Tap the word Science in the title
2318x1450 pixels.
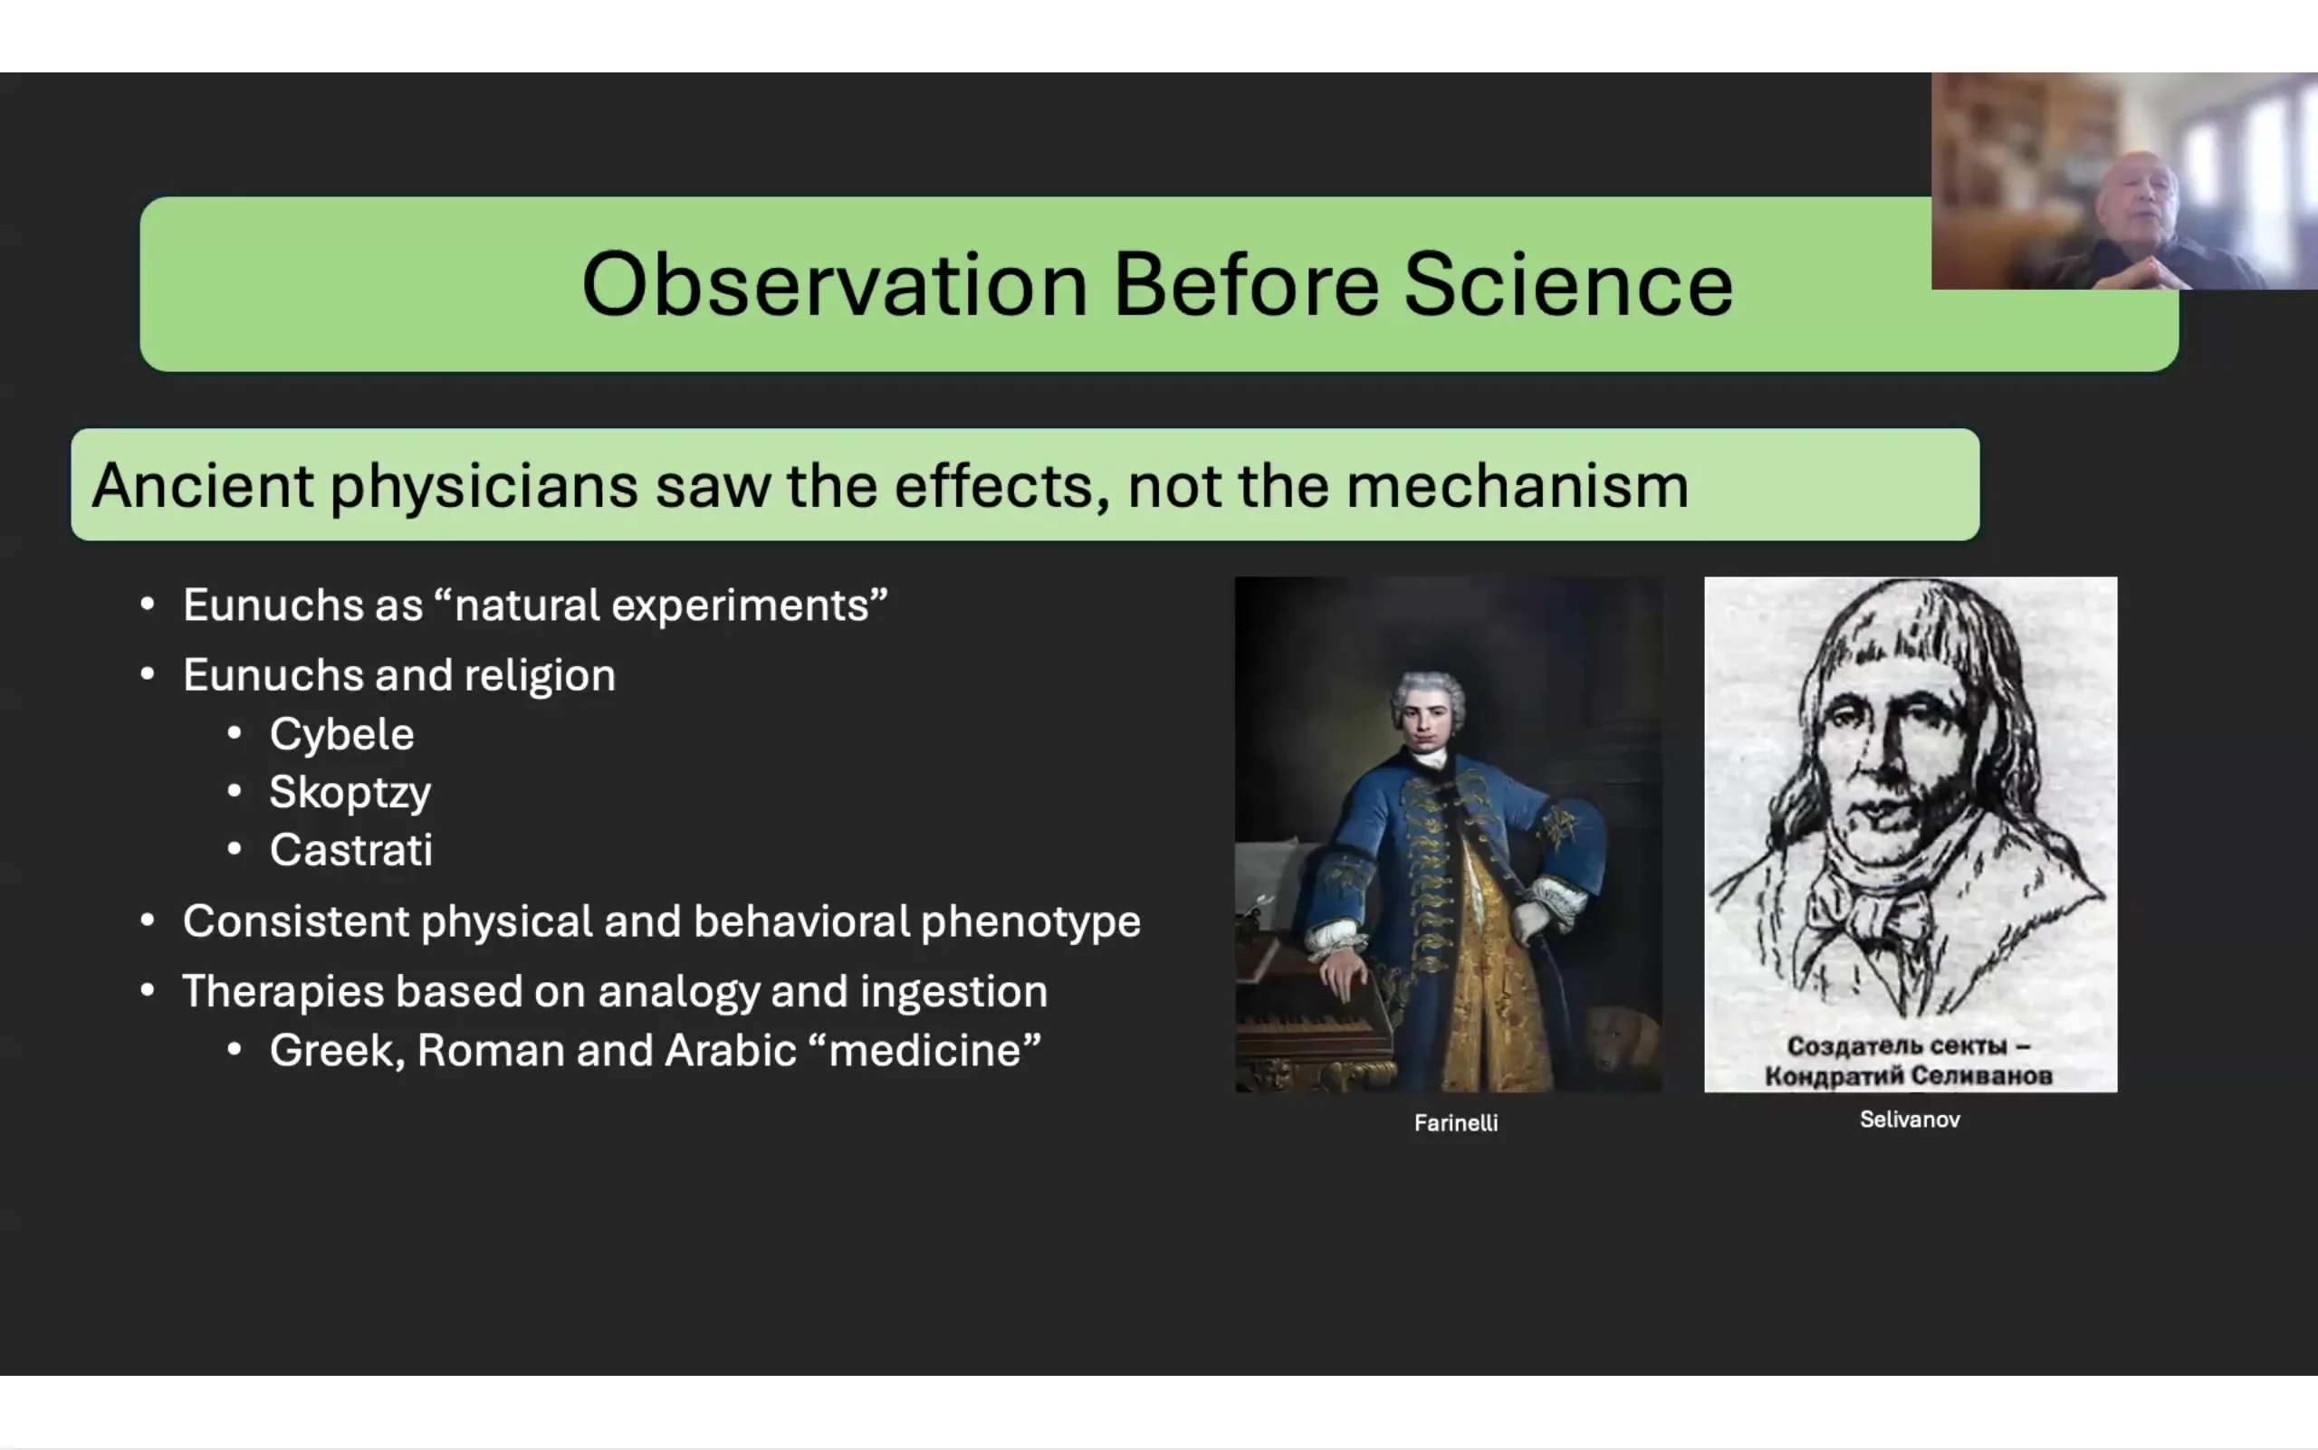(1568, 284)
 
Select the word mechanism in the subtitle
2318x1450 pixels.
(1517, 485)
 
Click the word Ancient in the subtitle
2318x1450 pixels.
(203, 485)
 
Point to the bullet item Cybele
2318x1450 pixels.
(341, 735)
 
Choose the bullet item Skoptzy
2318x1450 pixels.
(350, 793)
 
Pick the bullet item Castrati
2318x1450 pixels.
(351, 850)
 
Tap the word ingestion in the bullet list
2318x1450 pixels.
(953, 992)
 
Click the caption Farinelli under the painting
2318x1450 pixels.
(1455, 1123)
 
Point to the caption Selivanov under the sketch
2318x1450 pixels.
(1910, 1119)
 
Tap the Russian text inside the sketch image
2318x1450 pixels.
(1909, 1061)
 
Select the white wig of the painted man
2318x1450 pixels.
(1428, 695)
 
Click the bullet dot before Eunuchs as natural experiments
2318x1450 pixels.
(147, 605)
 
